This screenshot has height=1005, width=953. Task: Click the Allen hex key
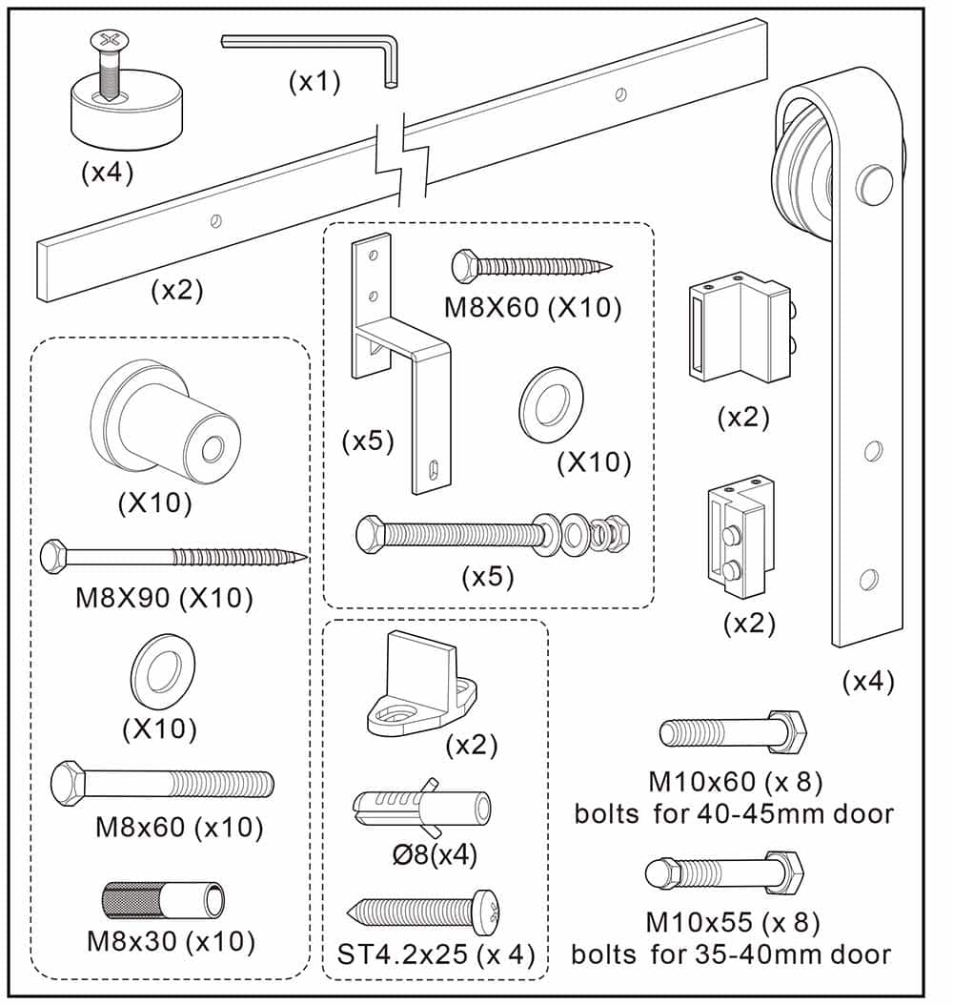(x=314, y=45)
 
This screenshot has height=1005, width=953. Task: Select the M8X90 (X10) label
(x=164, y=598)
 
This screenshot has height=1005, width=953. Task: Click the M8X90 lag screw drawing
(x=172, y=555)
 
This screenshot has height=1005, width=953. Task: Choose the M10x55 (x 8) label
(x=732, y=923)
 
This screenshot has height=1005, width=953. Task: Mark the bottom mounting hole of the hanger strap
(x=868, y=578)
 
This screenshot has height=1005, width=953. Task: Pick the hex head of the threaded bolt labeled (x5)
(x=371, y=530)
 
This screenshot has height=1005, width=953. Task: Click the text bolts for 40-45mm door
(x=733, y=813)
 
